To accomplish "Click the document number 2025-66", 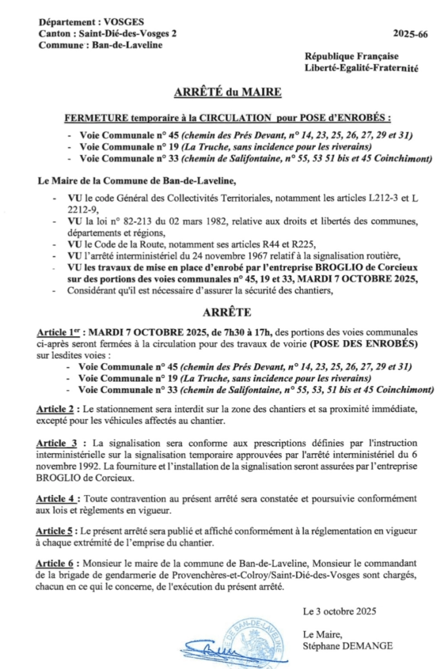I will coord(410,33).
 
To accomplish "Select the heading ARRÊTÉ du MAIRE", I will coord(228,93).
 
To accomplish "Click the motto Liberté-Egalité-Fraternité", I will coord(361,68).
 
